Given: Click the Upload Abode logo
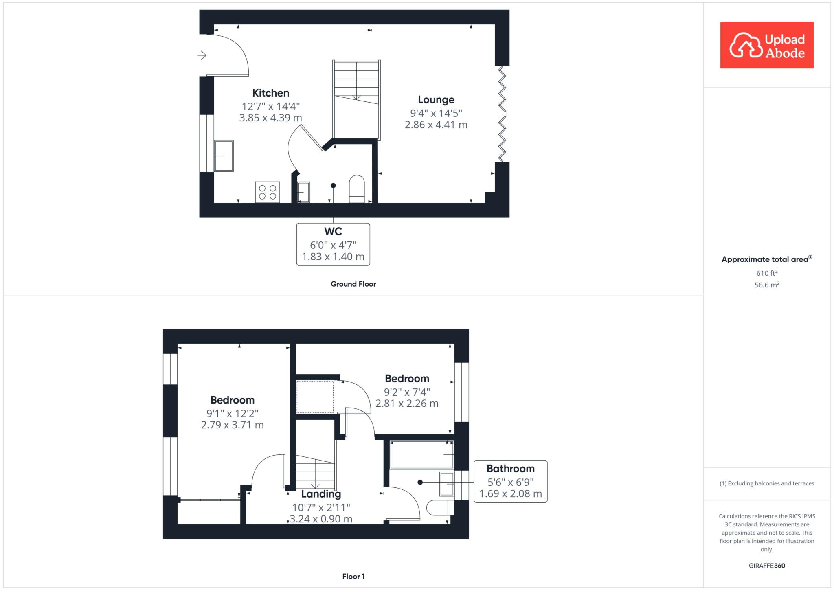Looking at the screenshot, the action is click(766, 45).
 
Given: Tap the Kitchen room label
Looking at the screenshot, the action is click(270, 93).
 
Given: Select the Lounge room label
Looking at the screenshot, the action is click(436, 100).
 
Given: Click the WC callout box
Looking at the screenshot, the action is click(333, 244).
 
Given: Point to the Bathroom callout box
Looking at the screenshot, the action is click(511, 481).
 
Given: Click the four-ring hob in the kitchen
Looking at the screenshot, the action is click(268, 192).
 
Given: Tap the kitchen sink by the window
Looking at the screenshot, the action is click(224, 156).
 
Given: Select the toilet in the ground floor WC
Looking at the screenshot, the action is click(357, 189).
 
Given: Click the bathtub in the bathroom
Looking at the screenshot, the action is click(422, 454).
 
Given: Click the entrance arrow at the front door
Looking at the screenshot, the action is click(202, 55).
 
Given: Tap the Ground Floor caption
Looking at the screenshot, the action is click(353, 284).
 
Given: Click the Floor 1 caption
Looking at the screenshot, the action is click(353, 576).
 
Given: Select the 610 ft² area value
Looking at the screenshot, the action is click(767, 273).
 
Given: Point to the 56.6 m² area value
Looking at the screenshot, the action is click(767, 285).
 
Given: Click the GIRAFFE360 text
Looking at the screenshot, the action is click(767, 566).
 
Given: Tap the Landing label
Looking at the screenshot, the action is click(321, 494).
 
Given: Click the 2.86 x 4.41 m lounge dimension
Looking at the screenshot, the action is click(436, 125).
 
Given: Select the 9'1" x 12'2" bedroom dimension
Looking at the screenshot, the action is click(233, 414).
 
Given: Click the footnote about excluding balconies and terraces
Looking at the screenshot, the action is click(767, 483).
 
